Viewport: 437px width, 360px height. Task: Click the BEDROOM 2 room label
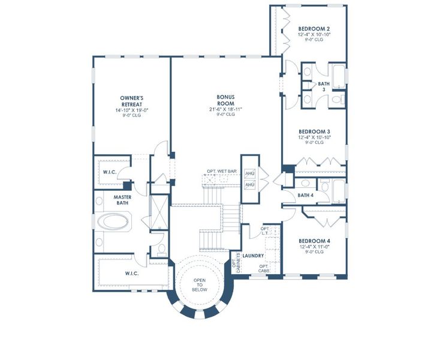(314, 29)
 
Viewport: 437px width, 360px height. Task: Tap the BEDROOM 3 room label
(314, 131)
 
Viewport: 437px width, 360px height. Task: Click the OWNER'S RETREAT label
(131, 100)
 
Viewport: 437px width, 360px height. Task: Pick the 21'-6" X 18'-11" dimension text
(225, 109)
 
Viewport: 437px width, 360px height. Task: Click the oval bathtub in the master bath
(114, 221)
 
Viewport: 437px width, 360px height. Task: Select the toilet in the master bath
(161, 248)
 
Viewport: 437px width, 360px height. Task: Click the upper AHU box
(250, 173)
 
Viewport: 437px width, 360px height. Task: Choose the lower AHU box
(250, 185)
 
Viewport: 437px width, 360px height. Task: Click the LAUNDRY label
(253, 255)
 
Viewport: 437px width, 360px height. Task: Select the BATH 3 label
(324, 86)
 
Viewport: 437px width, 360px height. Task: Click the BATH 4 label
(305, 195)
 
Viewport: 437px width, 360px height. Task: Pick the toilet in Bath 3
(336, 99)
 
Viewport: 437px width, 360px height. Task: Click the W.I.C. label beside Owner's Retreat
(110, 172)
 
